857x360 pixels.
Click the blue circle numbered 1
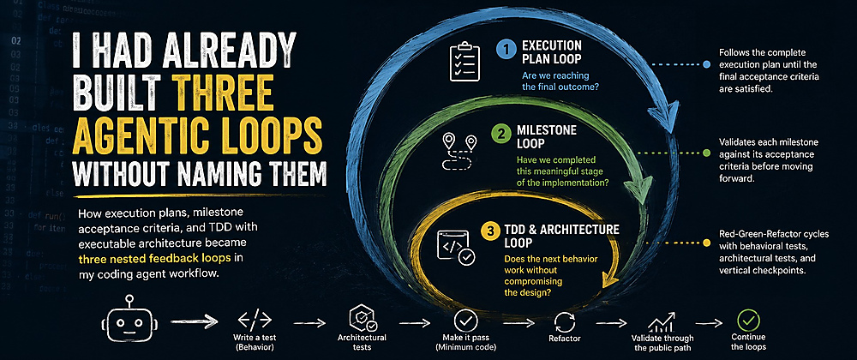tap(506, 50)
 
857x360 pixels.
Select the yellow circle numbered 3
tap(489, 231)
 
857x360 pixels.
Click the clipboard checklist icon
tap(464, 61)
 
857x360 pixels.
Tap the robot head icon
tap(129, 321)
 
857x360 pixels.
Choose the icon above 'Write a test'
tap(255, 319)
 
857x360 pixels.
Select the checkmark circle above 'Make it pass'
tap(465, 320)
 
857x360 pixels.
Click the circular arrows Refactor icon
tap(565, 322)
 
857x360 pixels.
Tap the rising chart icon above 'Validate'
tap(662, 322)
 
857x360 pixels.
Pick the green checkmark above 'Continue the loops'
tap(748, 320)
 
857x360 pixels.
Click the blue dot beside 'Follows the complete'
tap(706, 64)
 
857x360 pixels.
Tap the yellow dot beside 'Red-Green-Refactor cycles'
tap(706, 243)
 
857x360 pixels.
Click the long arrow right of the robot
tap(194, 321)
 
